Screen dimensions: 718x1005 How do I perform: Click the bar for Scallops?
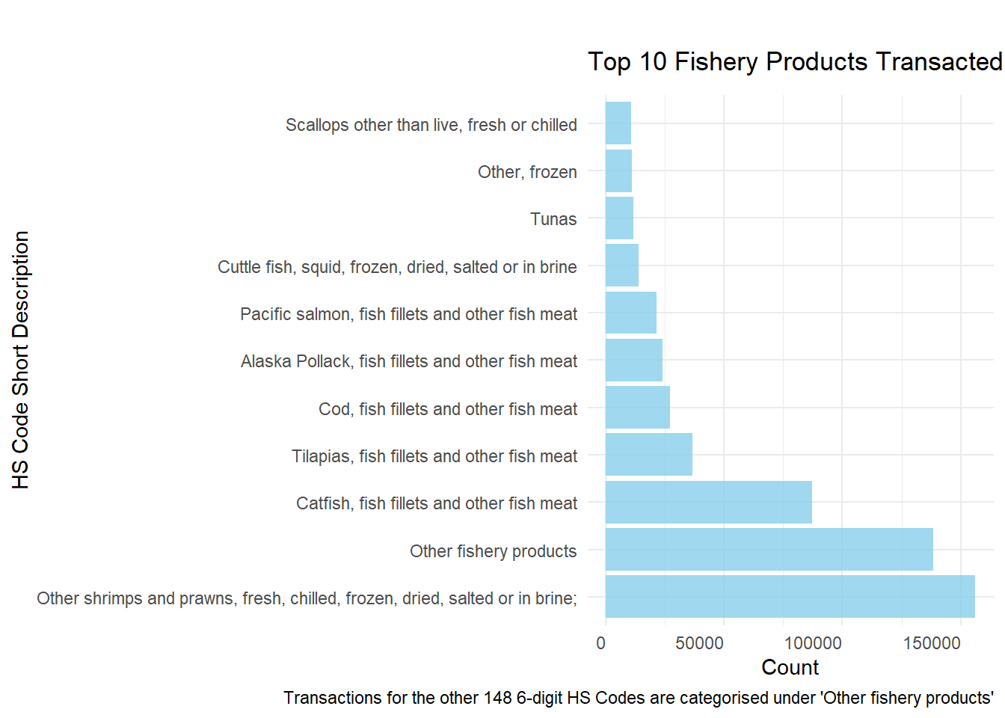618,123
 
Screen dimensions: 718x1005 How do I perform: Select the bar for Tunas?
619,218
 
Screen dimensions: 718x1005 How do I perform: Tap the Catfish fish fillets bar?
708,503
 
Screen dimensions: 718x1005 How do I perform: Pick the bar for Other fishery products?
769,550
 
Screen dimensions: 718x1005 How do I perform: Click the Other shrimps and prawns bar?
790,597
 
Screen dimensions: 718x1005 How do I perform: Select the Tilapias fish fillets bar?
648,455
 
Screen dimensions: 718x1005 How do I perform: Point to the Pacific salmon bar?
630,313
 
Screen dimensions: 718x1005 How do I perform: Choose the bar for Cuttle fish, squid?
621,266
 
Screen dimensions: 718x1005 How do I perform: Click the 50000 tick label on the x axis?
699,643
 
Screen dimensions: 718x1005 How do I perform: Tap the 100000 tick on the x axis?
813,643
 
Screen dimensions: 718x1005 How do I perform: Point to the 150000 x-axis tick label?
931,643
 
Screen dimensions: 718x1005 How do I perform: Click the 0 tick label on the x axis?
601,643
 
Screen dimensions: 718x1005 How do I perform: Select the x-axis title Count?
790,667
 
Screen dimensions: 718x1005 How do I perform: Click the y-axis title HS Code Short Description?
21,360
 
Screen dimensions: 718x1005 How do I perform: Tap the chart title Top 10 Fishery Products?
794,62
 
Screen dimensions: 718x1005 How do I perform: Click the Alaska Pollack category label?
409,361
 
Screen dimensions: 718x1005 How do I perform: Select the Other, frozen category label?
527,172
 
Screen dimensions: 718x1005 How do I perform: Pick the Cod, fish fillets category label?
448,409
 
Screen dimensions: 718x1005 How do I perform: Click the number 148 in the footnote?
497,698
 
